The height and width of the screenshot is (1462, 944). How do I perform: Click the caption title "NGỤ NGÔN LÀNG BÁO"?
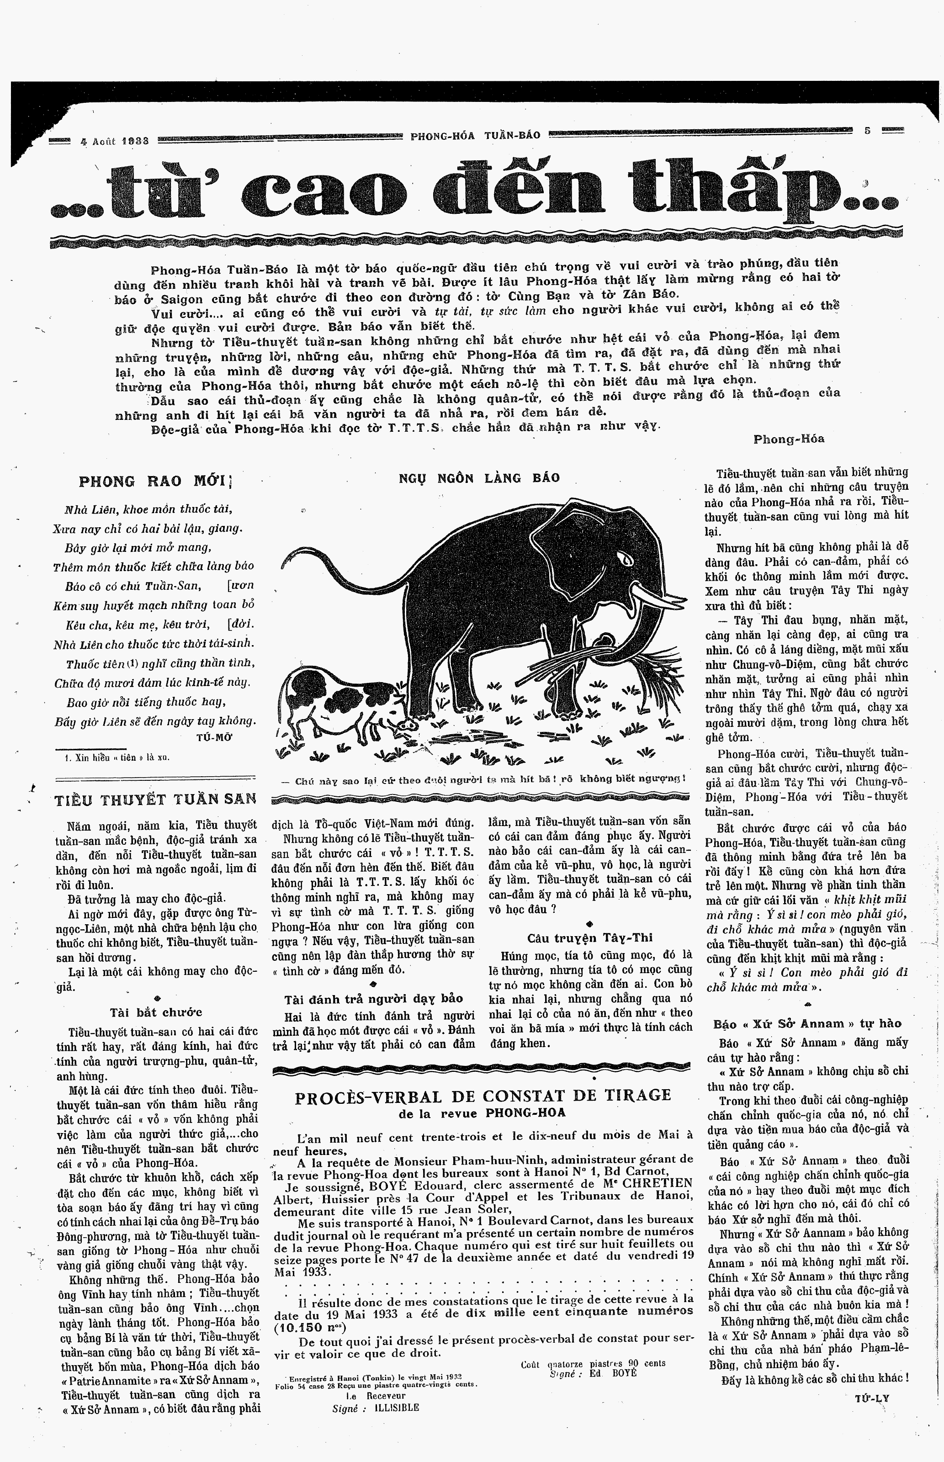pyautogui.click(x=479, y=478)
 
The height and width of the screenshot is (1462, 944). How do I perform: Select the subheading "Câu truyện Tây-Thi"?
pyautogui.click(x=590, y=938)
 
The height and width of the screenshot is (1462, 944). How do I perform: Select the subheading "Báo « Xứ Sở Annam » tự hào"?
pyautogui.click(x=807, y=1024)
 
